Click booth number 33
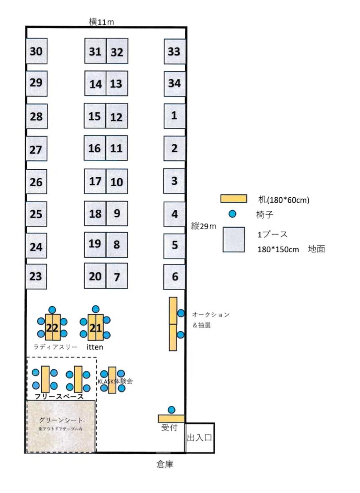tap(175, 51)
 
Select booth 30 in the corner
tap(36, 51)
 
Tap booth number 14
tap(96, 83)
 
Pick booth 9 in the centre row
tap(117, 214)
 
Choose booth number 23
tap(36, 277)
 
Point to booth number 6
tap(174, 277)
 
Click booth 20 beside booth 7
tap(95, 276)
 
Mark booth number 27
tap(36, 149)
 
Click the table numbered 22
tap(53, 327)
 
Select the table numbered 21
tap(96, 327)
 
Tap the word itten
tap(95, 347)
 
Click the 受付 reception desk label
tap(169, 428)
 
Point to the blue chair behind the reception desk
tap(171, 410)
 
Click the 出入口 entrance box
tap(200, 438)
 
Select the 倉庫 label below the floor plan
tap(165, 464)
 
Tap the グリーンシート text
tap(61, 420)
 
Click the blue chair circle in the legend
tap(232, 214)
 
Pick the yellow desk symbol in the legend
tap(234, 199)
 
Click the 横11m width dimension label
tap(101, 22)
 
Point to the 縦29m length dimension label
tap(204, 226)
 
